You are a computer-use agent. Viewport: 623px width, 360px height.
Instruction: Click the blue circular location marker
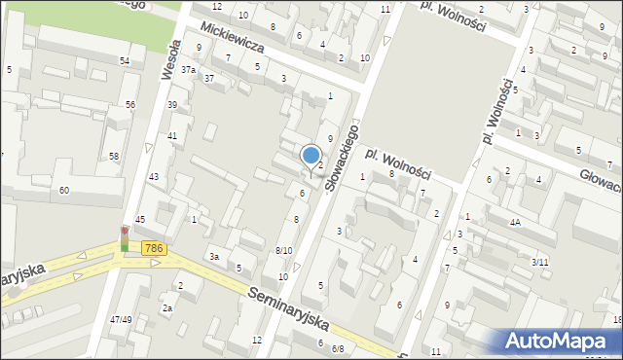pyautogui.click(x=311, y=156)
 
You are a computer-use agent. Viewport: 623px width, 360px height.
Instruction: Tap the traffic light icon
pyautogui.click(x=124, y=238)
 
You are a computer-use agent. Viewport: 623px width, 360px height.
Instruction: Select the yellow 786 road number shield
pyautogui.click(x=153, y=249)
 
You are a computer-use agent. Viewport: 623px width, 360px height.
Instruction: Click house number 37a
pyautogui.click(x=188, y=70)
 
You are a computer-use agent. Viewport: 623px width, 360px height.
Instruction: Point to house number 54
pyautogui.click(x=125, y=61)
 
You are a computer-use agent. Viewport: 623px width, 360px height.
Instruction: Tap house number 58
pyautogui.click(x=114, y=157)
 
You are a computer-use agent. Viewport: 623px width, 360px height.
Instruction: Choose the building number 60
pyautogui.click(x=64, y=190)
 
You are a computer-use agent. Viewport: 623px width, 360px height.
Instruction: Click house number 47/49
pyautogui.click(x=121, y=319)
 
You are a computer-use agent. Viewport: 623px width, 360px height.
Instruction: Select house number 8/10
pyautogui.click(x=283, y=251)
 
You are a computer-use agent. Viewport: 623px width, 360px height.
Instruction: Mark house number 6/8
pyautogui.click(x=338, y=347)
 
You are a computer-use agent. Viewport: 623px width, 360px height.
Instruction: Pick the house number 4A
pyautogui.click(x=514, y=222)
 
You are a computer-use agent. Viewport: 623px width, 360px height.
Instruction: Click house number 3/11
pyautogui.click(x=540, y=262)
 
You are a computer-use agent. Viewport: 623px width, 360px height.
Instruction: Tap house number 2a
pyautogui.click(x=167, y=308)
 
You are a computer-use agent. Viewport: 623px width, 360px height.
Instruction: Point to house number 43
pyautogui.click(x=153, y=176)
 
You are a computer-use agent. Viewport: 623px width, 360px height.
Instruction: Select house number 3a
pyautogui.click(x=213, y=257)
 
